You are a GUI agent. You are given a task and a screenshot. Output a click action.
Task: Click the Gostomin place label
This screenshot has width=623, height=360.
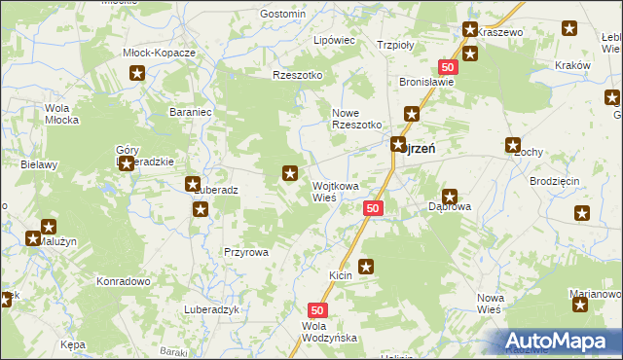283,15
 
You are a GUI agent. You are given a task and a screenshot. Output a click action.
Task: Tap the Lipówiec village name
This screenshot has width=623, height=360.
333,42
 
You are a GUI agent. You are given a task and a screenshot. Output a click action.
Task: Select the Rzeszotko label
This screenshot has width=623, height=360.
298,75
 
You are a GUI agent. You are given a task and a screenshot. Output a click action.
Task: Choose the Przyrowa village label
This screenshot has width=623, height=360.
245,251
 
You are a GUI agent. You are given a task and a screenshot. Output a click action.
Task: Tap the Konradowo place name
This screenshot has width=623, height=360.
122,280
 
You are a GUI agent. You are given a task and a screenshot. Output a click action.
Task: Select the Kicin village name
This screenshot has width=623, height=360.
340,276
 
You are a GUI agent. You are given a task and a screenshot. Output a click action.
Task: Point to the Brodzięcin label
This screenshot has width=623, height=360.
555,182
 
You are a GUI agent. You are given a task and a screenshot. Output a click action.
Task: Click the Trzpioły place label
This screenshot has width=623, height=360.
396,45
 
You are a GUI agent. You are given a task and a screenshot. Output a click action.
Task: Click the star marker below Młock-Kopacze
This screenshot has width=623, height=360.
138,73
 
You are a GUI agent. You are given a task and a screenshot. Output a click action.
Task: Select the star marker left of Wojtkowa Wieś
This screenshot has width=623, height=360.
289,173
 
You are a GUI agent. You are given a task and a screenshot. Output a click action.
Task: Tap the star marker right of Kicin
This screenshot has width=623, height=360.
366,266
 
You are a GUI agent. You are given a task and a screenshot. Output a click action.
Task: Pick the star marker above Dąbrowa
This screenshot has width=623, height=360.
450,196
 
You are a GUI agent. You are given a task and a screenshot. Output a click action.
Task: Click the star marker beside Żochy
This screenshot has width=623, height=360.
513,146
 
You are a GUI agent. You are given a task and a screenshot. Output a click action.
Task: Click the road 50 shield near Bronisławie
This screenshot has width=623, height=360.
448,66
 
